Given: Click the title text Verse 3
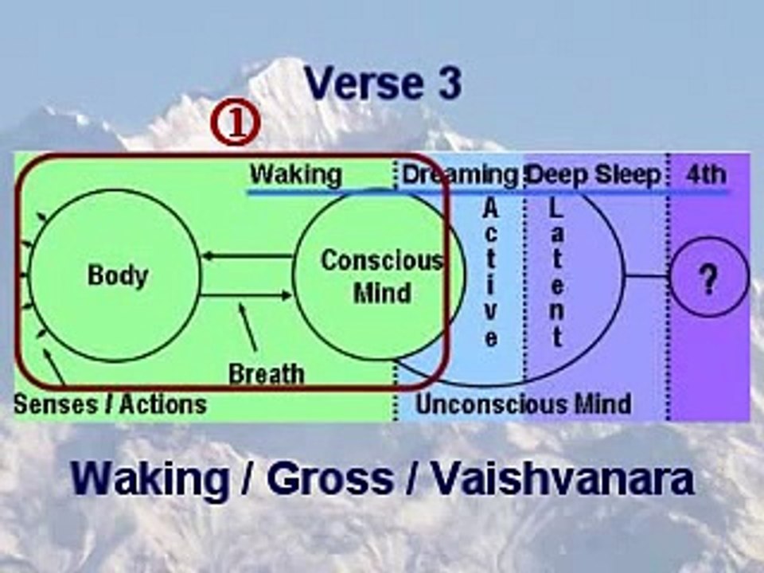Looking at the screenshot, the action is tap(383, 84).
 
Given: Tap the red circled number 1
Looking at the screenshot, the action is tap(236, 123).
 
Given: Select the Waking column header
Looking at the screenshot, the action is tap(296, 174).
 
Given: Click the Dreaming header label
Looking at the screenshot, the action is tap(460, 175).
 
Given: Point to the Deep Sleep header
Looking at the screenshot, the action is tap(594, 174).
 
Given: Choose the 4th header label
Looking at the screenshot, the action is tap(706, 174).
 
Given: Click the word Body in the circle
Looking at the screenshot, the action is tap(118, 276).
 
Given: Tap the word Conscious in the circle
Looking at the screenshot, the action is tap(382, 260).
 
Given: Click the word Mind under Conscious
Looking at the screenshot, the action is tap(383, 293).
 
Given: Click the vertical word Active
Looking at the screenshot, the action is tap(491, 273).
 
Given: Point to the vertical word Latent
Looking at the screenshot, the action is tap(556, 273).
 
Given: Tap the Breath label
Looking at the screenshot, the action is tap(267, 374).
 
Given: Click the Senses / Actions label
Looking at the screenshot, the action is tap(110, 404).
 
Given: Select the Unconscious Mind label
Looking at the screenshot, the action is tap(524, 404).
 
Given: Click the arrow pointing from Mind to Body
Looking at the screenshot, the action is tap(247, 255).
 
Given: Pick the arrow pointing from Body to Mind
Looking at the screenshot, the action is tap(246, 294).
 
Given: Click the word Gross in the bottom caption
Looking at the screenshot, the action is tap(329, 479).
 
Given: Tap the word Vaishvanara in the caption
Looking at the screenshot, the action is tap(563, 479).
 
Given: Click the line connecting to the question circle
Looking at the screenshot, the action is tap(648, 276).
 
